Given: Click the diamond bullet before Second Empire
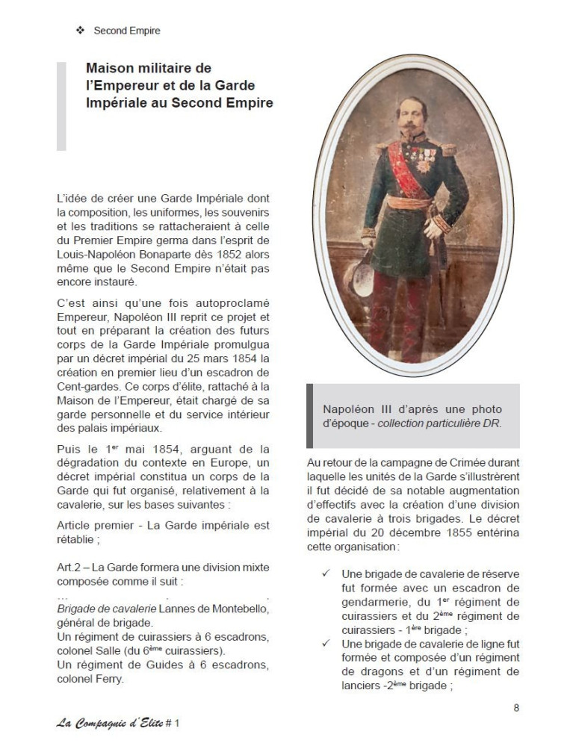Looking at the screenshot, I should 80,31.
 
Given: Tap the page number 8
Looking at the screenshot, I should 516,708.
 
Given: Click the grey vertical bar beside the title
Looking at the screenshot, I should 61,106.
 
